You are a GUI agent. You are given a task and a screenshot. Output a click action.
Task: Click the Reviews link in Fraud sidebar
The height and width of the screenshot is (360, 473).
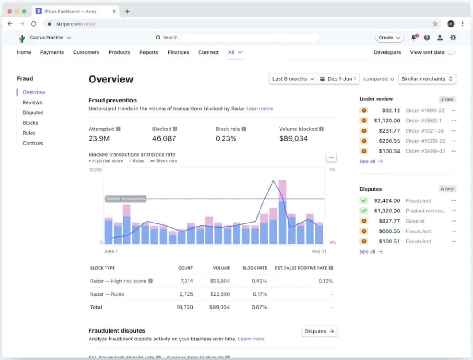point(32,102)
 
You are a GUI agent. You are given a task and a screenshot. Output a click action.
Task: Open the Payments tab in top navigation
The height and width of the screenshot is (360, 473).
point(52,52)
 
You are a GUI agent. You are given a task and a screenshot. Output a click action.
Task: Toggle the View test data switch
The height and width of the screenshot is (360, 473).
point(451,52)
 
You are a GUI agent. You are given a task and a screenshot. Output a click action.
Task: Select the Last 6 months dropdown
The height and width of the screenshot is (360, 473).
point(293,79)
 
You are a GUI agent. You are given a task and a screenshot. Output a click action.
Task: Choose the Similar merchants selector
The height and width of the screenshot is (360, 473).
point(427,79)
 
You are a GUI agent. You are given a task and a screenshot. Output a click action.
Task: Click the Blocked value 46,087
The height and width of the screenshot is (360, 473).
point(164,138)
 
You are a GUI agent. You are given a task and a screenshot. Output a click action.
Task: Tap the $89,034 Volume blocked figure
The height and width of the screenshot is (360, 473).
point(293,138)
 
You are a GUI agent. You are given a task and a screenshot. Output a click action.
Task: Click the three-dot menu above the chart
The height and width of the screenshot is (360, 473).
point(331,157)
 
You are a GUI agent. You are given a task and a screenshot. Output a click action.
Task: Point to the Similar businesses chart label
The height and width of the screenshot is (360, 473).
point(126,199)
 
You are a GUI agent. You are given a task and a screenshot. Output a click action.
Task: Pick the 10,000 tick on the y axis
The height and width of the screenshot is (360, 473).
point(95,170)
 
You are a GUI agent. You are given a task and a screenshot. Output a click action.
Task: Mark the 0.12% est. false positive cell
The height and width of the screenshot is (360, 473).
point(326,281)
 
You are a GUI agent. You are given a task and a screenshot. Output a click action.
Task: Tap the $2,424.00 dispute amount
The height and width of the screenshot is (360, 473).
point(386,201)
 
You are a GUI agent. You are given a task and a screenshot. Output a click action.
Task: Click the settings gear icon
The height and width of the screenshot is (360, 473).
point(453,38)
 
